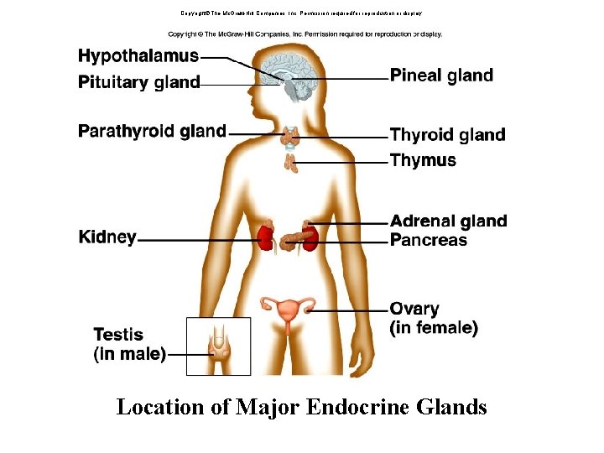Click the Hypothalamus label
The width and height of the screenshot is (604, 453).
pyautogui.click(x=138, y=56)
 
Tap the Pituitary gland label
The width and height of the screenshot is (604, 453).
pyautogui.click(x=139, y=82)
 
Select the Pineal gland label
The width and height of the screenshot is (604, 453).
pyautogui.click(x=441, y=75)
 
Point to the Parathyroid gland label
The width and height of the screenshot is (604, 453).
pyautogui.click(x=152, y=131)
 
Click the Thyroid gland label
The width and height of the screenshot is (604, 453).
pyautogui.click(x=448, y=135)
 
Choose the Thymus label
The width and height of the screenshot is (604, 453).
pyautogui.click(x=424, y=160)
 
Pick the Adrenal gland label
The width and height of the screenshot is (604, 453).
pyautogui.click(x=449, y=221)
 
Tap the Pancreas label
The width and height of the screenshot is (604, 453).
pyautogui.click(x=429, y=240)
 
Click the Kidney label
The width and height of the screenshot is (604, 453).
pyautogui.click(x=107, y=237)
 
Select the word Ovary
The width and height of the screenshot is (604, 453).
pyautogui.click(x=414, y=310)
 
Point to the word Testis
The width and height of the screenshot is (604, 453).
pyautogui.click(x=118, y=335)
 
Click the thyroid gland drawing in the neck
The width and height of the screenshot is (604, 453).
pyautogui.click(x=290, y=135)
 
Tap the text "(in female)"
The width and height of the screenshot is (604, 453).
pyautogui.click(x=435, y=328)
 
